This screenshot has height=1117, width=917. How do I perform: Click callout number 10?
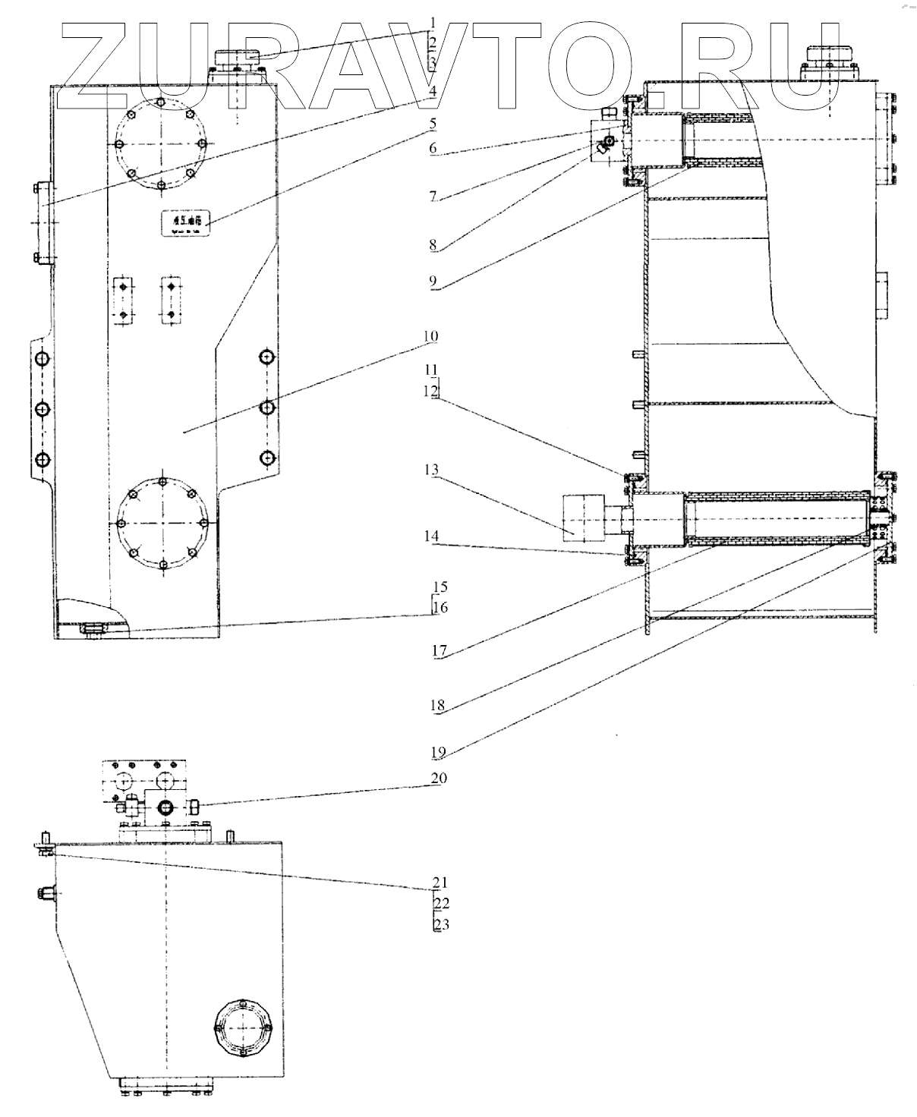coord(430,335)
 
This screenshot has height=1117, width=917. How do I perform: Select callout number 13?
coord(432,471)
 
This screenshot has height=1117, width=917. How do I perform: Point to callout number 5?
coord(432,122)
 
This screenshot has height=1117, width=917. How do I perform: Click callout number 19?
coord(438,753)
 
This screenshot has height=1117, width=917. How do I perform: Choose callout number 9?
coord(432,282)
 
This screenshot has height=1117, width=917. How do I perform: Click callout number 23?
coord(441,925)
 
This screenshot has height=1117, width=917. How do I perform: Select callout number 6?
coord(432,148)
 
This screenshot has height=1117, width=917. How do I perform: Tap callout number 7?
coord(432,197)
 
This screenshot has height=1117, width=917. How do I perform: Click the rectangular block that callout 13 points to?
coord(582,517)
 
